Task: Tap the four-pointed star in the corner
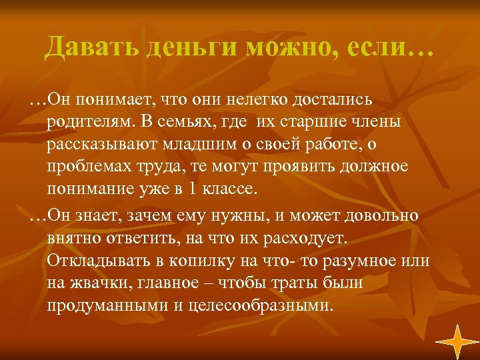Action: (x=457, y=341)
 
